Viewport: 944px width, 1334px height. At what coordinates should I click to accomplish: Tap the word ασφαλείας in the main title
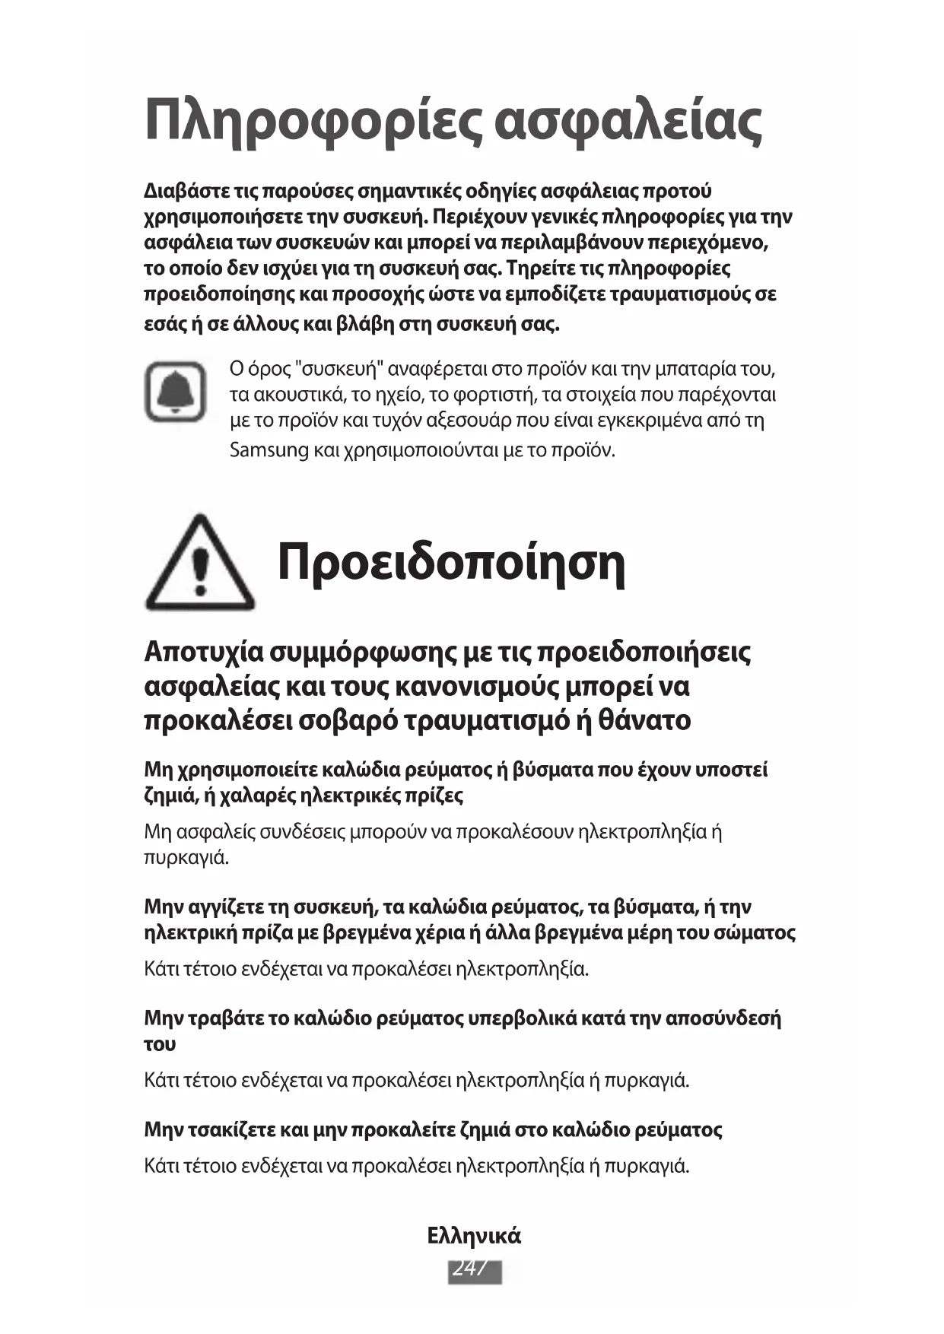628,122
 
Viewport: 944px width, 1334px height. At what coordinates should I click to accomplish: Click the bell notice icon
176,392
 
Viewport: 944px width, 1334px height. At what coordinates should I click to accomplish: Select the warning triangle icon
200,564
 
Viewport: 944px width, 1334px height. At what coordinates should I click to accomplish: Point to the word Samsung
269,450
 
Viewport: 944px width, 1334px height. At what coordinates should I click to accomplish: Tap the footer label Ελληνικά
474,1236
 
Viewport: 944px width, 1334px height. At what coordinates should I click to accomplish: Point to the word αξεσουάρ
469,421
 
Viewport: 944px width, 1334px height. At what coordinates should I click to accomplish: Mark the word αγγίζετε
223,907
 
